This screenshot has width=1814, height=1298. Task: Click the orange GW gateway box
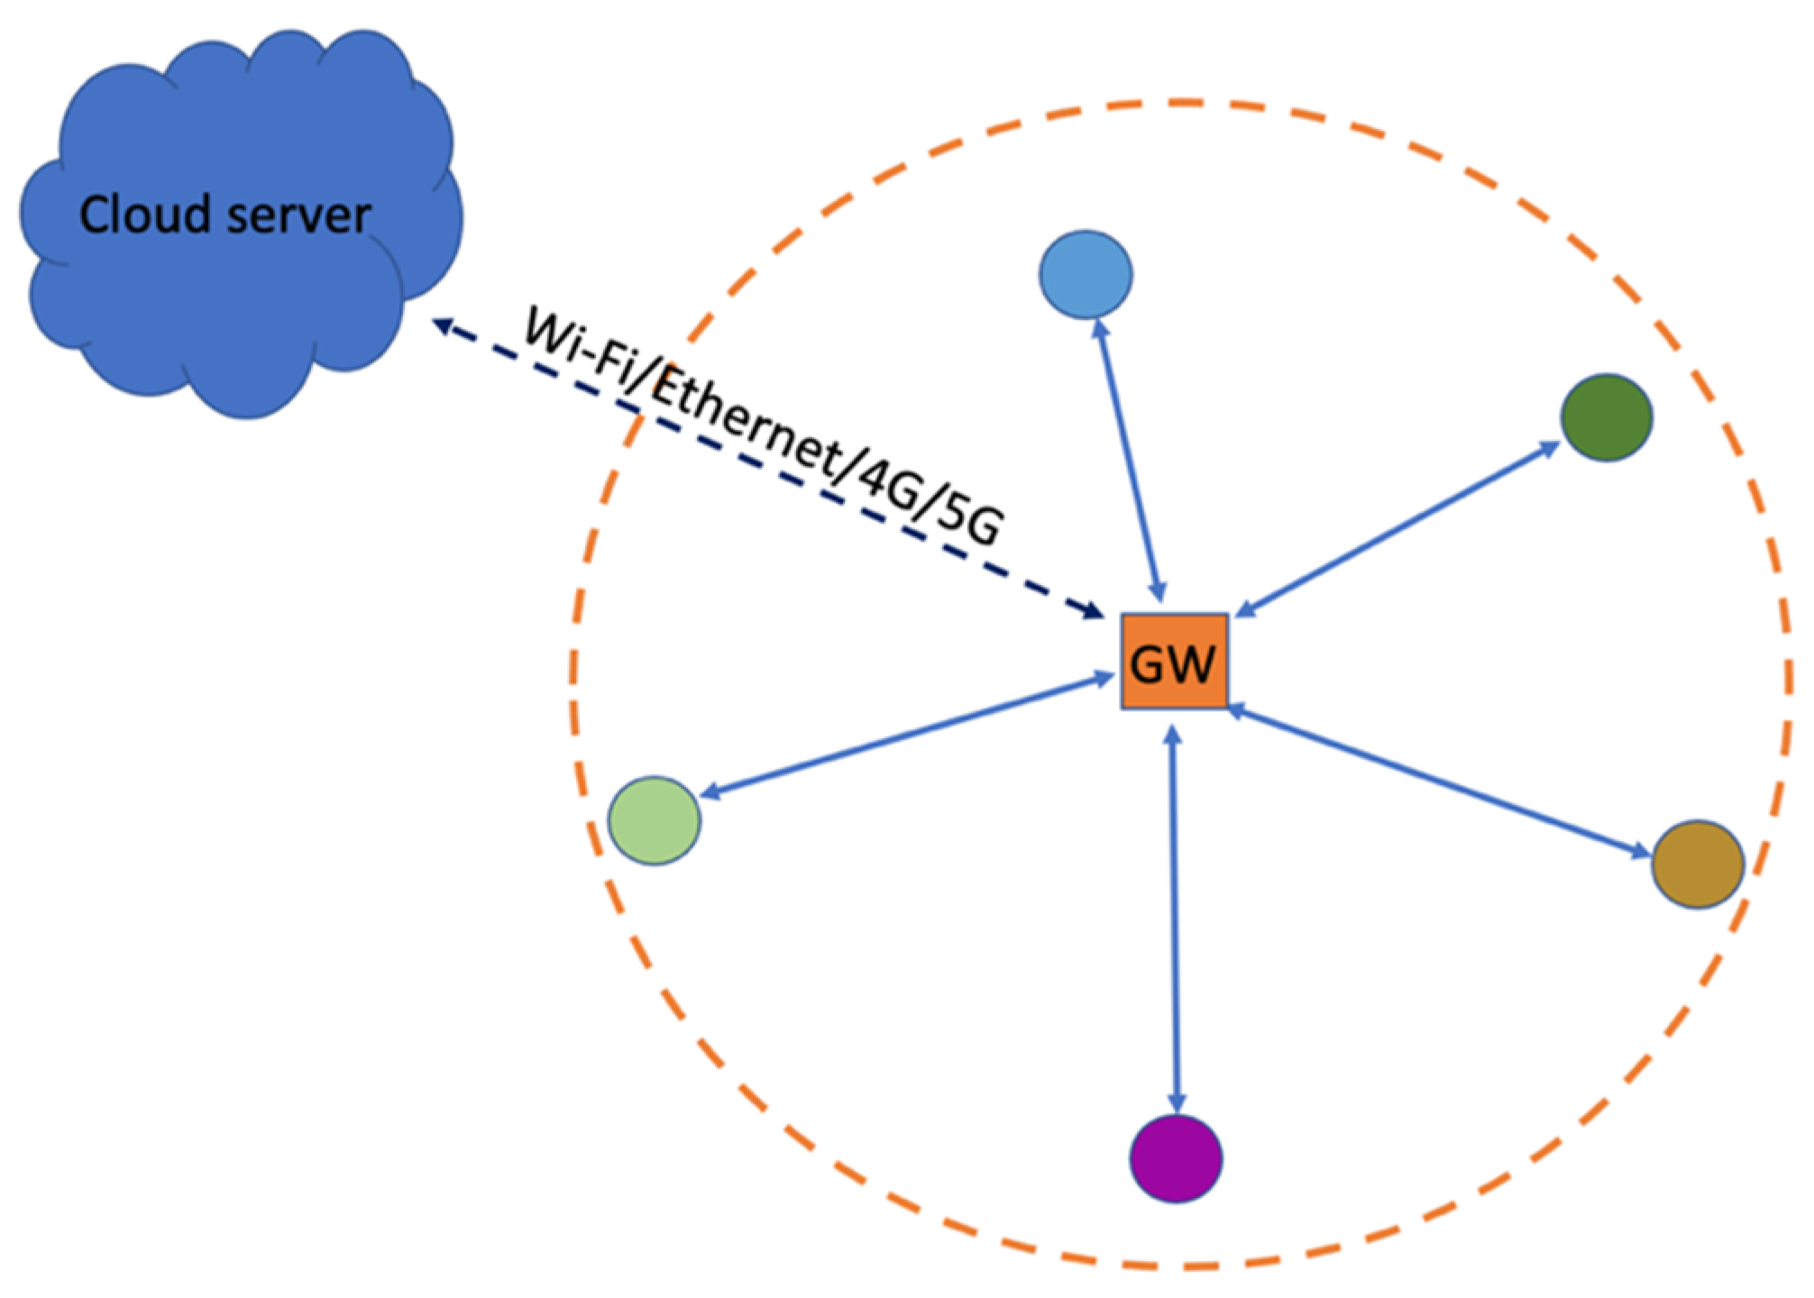point(1174,662)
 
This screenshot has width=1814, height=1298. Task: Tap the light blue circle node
point(1086,274)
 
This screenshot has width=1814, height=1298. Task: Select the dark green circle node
point(1607,417)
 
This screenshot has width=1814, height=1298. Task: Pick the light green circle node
point(655,820)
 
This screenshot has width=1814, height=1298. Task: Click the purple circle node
point(1176,1159)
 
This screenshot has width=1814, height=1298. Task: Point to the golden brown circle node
point(1698,864)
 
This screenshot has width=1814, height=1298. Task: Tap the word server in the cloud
point(299,216)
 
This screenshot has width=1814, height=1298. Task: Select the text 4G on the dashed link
point(887,482)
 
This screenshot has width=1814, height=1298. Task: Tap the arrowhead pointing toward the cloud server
point(442,324)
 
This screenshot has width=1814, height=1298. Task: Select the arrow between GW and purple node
point(1174,919)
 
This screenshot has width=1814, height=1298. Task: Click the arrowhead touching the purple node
point(1177,1103)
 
